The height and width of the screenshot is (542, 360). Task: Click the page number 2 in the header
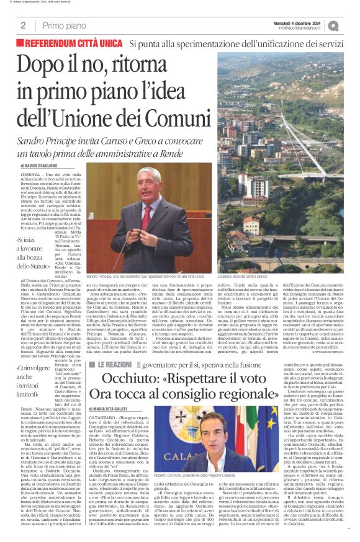(24, 25)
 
